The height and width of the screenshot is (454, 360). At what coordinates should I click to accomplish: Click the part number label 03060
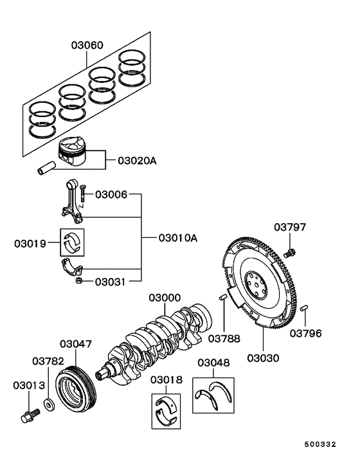pyautogui.click(x=86, y=46)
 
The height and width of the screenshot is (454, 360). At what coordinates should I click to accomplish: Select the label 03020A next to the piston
pyautogui.click(x=137, y=160)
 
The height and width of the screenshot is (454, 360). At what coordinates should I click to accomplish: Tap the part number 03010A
pyautogui.click(x=177, y=238)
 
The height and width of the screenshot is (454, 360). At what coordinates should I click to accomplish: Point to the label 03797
pyautogui.click(x=290, y=227)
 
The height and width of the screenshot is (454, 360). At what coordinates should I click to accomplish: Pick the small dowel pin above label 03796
pyautogui.click(x=305, y=311)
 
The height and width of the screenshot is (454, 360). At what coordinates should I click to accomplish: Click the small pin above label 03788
pyautogui.click(x=223, y=296)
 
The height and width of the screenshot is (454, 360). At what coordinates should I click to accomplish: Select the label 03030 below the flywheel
pyautogui.click(x=264, y=358)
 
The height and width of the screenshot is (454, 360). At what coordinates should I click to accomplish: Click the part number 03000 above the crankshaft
pyautogui.click(x=166, y=298)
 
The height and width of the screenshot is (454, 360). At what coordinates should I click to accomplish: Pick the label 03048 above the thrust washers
pyautogui.click(x=213, y=363)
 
